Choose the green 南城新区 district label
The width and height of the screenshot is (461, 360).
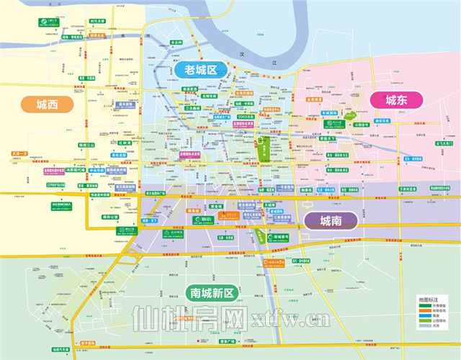click(212, 293)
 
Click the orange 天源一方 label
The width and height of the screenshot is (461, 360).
click(21, 153)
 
